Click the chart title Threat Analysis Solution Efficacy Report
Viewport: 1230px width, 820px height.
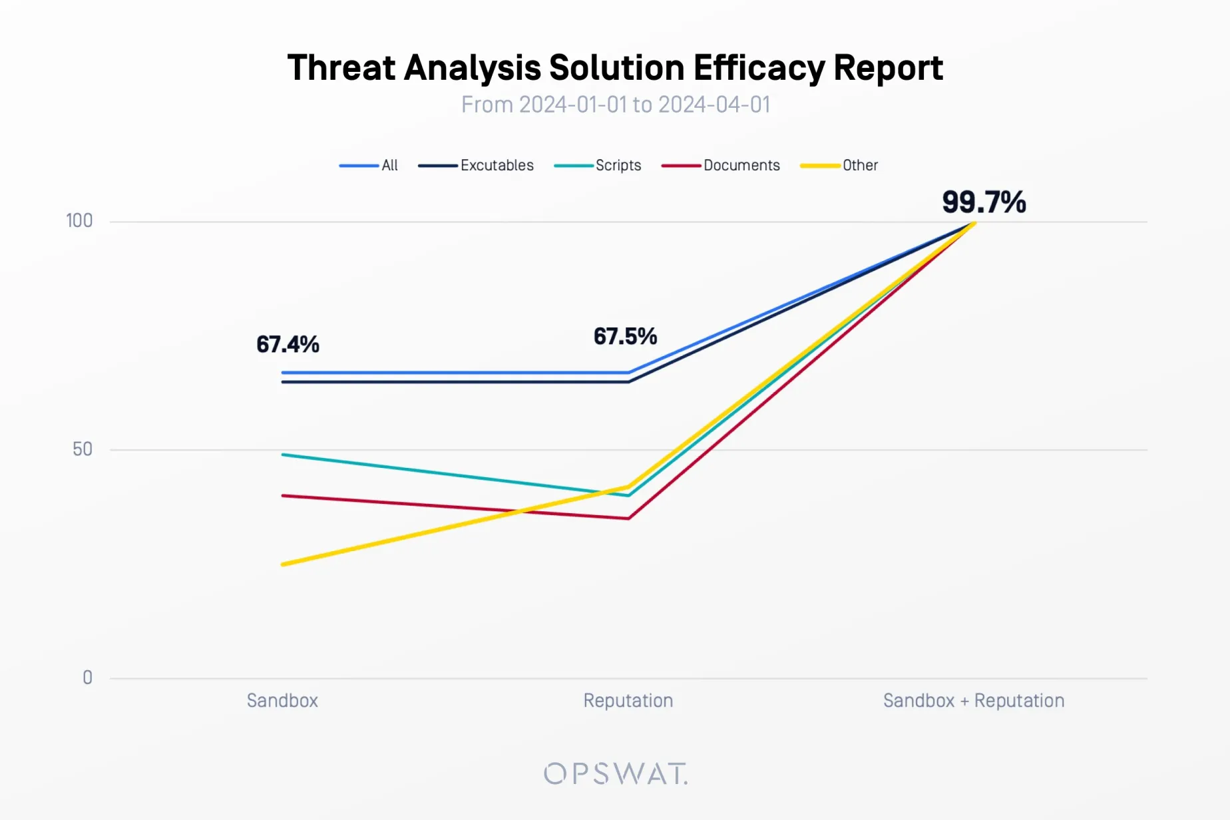click(615, 68)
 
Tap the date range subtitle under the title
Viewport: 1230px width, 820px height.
click(615, 105)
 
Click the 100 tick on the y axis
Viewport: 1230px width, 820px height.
click(79, 221)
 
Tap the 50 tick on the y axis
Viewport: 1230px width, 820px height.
click(83, 449)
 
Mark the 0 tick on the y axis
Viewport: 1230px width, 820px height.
click(87, 678)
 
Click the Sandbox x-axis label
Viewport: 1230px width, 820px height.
click(282, 700)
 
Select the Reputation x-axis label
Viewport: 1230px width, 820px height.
click(628, 700)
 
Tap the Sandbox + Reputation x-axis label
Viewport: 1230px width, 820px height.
click(974, 700)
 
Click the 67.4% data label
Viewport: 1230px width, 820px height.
click(288, 344)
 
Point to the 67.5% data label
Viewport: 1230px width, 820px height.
click(625, 336)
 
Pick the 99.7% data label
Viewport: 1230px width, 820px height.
click(984, 202)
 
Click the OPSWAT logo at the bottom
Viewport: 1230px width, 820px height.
click(615, 773)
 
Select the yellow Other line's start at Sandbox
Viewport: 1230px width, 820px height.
click(284, 564)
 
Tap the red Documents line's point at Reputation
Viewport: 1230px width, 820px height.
click(628, 518)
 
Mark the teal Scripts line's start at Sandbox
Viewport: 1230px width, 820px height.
click(284, 455)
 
